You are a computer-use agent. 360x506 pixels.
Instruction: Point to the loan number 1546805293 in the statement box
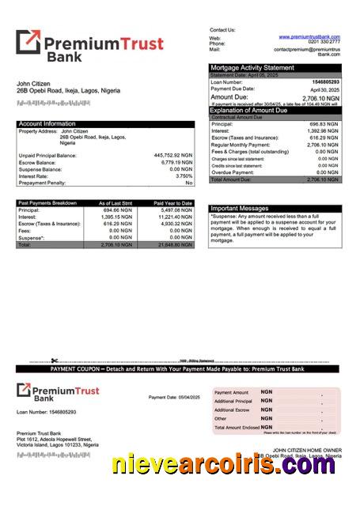tap(325, 82)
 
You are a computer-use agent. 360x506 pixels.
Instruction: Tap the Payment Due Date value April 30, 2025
tap(324, 89)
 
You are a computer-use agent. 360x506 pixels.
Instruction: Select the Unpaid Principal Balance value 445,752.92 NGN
tap(172, 155)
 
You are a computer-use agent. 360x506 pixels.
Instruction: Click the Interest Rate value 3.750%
tap(184, 176)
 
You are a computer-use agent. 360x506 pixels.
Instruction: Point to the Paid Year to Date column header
tap(173, 203)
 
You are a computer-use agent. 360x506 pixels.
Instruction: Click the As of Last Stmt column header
tap(116, 203)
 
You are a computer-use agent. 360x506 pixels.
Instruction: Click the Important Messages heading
tap(240, 209)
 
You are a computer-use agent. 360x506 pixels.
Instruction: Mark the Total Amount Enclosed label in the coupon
tap(237, 427)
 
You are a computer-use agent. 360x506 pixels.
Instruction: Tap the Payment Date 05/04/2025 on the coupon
tap(174, 396)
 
